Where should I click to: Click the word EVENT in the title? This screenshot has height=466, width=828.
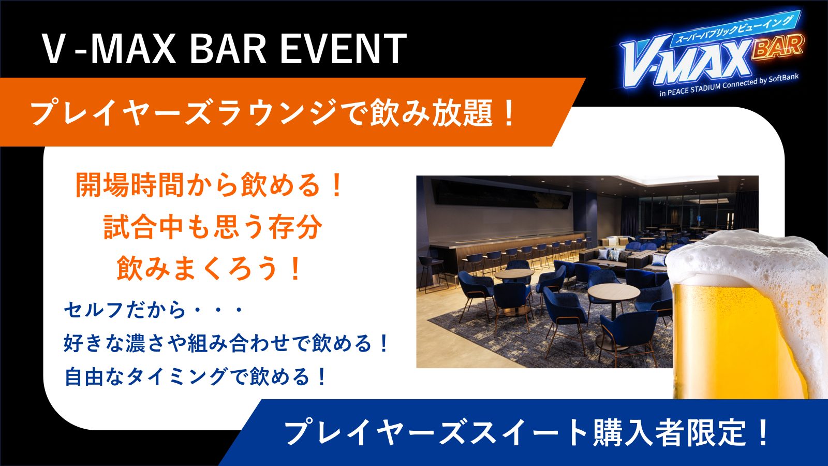click(344, 49)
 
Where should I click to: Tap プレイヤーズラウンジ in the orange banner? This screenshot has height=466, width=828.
click(183, 113)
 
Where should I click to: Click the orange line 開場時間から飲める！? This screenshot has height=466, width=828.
click(209, 185)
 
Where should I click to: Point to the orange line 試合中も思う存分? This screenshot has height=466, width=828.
click(213, 226)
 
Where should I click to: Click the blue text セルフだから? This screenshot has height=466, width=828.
click(124, 310)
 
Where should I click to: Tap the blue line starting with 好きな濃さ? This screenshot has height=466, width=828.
click(226, 343)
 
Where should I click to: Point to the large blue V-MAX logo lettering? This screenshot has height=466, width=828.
click(686, 63)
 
